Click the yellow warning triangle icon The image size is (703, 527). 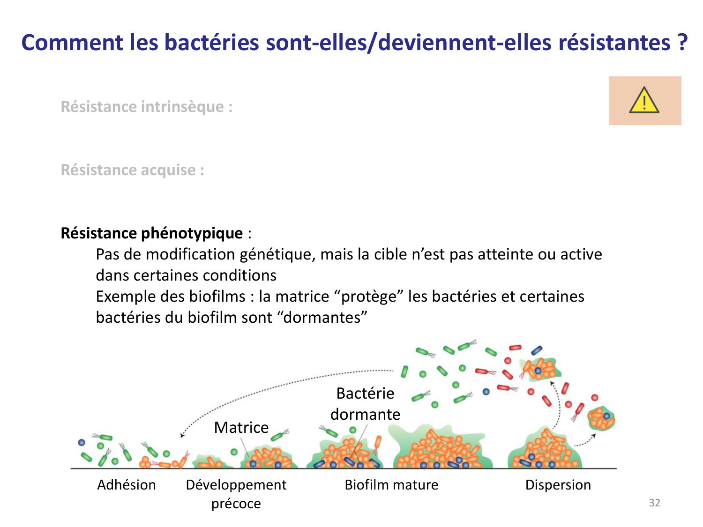[x=644, y=101]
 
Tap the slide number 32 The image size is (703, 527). [x=654, y=503]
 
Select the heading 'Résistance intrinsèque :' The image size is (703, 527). [x=147, y=107]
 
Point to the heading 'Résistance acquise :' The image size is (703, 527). [x=133, y=170]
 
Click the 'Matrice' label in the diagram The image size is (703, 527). [x=241, y=427]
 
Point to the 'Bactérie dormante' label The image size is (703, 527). [x=365, y=404]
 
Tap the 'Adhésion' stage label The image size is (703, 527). [x=127, y=485]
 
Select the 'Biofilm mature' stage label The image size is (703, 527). [x=391, y=485]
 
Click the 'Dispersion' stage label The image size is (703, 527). [x=558, y=485]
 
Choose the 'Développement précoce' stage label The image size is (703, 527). [x=236, y=494]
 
